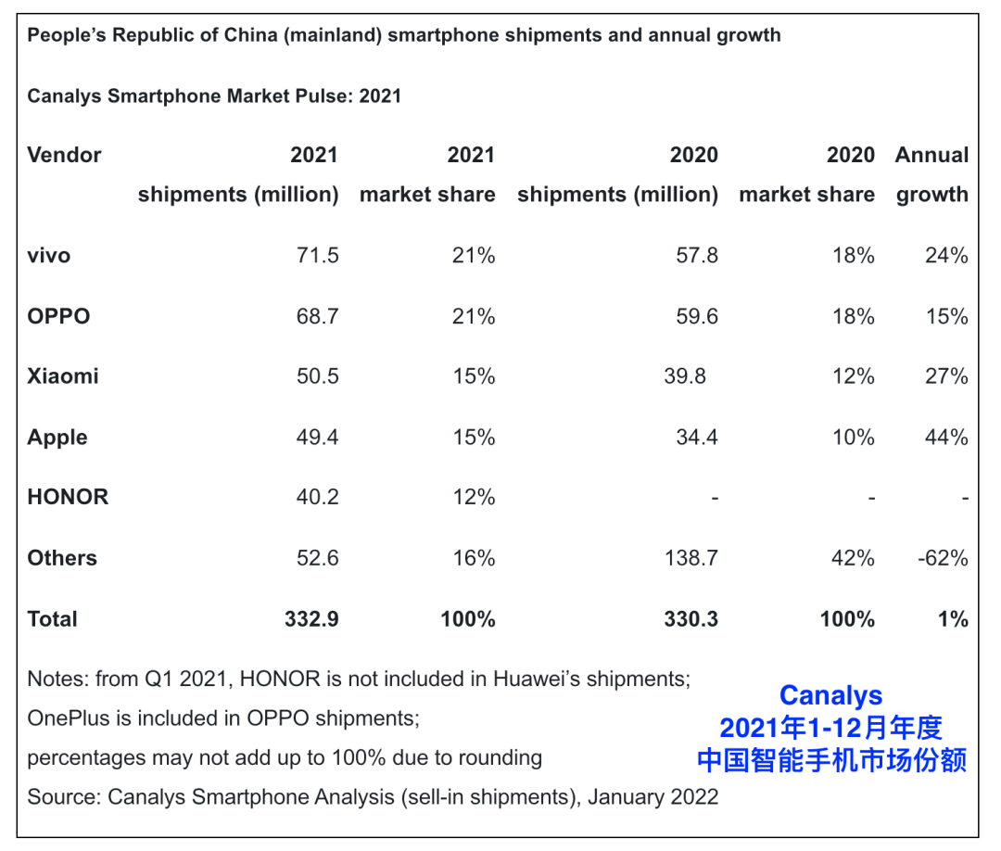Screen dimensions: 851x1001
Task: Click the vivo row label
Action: tap(48, 255)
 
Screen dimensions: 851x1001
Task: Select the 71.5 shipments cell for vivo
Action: tap(316, 255)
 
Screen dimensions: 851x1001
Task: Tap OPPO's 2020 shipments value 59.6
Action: tap(696, 316)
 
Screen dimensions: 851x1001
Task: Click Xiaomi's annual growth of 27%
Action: tap(945, 376)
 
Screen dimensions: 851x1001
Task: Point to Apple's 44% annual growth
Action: tap(945, 437)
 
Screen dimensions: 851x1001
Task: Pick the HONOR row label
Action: tap(68, 497)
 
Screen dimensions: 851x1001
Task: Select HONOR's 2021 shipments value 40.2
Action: tap(316, 497)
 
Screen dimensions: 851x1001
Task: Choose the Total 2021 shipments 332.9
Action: tap(311, 619)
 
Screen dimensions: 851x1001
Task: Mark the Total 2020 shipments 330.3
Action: tap(691, 619)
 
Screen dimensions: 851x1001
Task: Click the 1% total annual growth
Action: tap(952, 619)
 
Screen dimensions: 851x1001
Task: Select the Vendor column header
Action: tap(64, 155)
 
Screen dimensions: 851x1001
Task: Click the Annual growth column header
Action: tap(931, 174)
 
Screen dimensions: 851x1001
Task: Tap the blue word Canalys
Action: tap(830, 695)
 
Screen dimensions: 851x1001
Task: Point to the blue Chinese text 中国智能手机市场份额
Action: tap(831, 760)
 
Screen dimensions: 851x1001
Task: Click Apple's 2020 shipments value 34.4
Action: tap(696, 437)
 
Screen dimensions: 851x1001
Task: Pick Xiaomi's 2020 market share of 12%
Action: tap(853, 376)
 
